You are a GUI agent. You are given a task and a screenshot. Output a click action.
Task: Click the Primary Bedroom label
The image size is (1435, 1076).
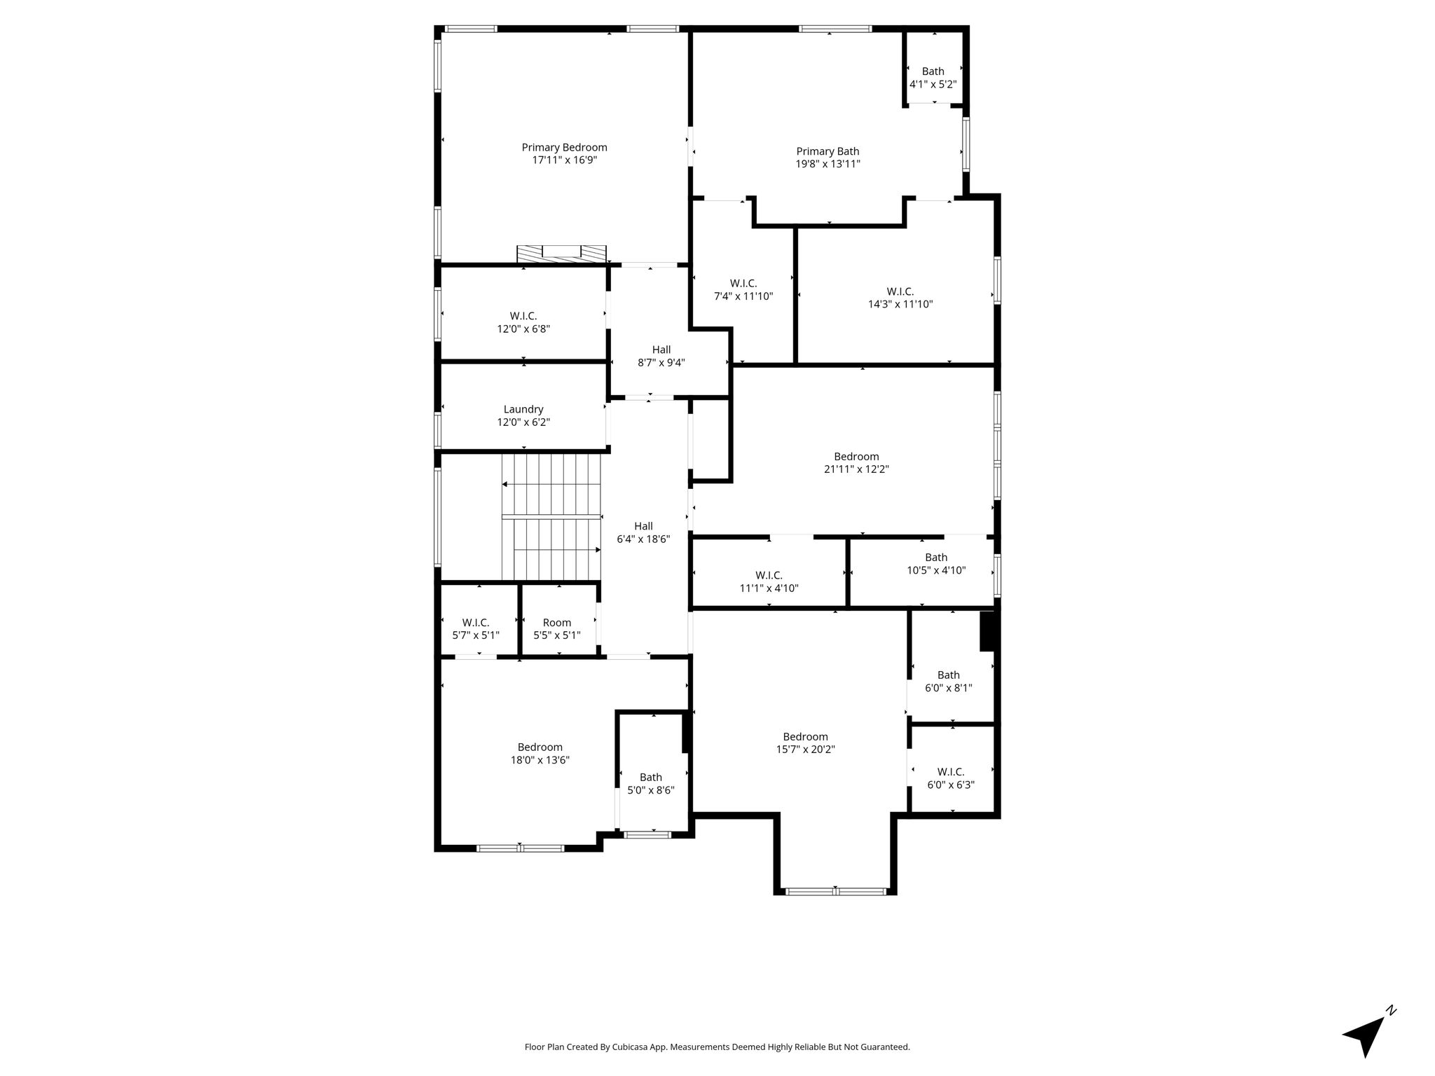tap(564, 153)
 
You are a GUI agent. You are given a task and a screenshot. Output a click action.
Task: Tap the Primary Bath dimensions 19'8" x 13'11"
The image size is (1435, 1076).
tap(828, 164)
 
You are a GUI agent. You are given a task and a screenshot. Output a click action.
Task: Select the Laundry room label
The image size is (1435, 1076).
tap(523, 415)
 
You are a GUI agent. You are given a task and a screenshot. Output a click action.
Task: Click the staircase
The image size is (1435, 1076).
tap(552, 517)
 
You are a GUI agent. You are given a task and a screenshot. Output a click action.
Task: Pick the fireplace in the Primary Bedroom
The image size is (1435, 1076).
tap(561, 254)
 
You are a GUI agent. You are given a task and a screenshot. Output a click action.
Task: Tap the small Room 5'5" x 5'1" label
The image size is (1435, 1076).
tap(557, 628)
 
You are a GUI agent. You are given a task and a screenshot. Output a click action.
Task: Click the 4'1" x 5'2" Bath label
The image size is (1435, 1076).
tap(933, 77)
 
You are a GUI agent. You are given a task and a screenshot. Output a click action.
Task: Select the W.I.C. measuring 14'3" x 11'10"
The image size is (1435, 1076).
tap(900, 298)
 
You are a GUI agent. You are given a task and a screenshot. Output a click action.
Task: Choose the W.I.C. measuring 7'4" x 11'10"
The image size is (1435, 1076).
tap(743, 289)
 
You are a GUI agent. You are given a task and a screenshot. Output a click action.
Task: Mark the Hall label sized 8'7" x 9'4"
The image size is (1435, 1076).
tap(661, 356)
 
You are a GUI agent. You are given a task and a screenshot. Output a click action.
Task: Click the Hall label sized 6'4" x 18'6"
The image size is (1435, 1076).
tap(643, 532)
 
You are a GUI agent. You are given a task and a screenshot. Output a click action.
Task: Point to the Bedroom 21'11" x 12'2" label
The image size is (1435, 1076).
tap(856, 463)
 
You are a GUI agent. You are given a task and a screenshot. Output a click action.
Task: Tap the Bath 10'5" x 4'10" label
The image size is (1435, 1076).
tap(936, 564)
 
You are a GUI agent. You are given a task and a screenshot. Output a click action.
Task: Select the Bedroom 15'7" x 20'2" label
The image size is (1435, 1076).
tap(805, 743)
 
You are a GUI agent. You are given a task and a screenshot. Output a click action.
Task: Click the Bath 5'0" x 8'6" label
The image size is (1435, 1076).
tap(650, 783)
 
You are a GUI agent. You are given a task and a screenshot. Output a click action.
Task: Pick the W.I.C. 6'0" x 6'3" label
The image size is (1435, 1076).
tap(951, 778)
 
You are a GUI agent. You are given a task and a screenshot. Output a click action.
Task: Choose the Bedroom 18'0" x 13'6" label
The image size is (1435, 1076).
tap(540, 753)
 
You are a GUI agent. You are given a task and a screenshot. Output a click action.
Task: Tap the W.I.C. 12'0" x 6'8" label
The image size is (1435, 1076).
tap(523, 322)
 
